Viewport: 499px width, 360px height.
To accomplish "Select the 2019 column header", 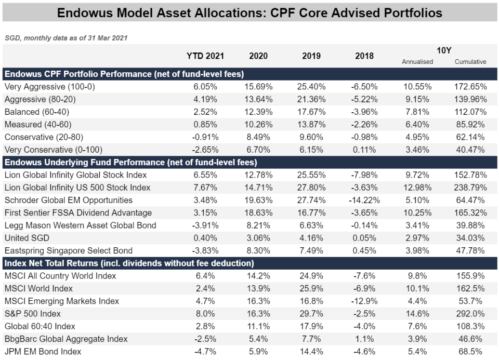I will click(x=311, y=56).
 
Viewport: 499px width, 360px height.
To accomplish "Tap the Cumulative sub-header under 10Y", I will click(x=470, y=62).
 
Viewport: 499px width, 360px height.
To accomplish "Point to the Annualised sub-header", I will click(x=417, y=62).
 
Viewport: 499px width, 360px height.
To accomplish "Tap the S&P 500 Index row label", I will click(x=32, y=314).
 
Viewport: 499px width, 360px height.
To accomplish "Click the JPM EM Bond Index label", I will click(x=43, y=352).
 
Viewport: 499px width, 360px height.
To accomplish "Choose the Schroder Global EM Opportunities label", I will click(x=68, y=201).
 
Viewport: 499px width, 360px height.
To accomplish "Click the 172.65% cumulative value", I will click(x=470, y=87).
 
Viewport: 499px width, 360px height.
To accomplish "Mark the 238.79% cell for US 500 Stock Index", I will click(x=470, y=188).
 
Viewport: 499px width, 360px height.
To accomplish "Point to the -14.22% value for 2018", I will click(x=364, y=201).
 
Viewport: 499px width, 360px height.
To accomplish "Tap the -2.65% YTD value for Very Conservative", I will click(x=205, y=150).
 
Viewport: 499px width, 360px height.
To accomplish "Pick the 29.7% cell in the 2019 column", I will click(x=311, y=314).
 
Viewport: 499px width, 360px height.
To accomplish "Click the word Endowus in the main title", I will click(x=84, y=12).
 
